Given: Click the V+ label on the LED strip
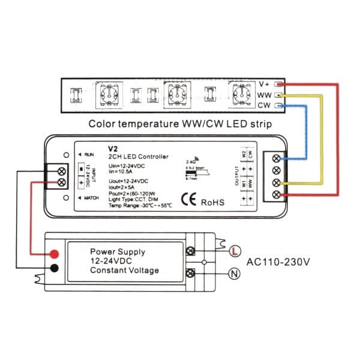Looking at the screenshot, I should [265, 84].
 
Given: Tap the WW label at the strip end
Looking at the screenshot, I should [264, 95].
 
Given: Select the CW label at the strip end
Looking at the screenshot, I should [264, 106].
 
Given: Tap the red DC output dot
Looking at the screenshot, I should [55, 254].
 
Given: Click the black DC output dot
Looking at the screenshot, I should [55, 268].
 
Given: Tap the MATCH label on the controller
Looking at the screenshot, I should [92, 198].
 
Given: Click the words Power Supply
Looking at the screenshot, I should [118, 252].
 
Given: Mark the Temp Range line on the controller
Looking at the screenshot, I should [140, 205].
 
